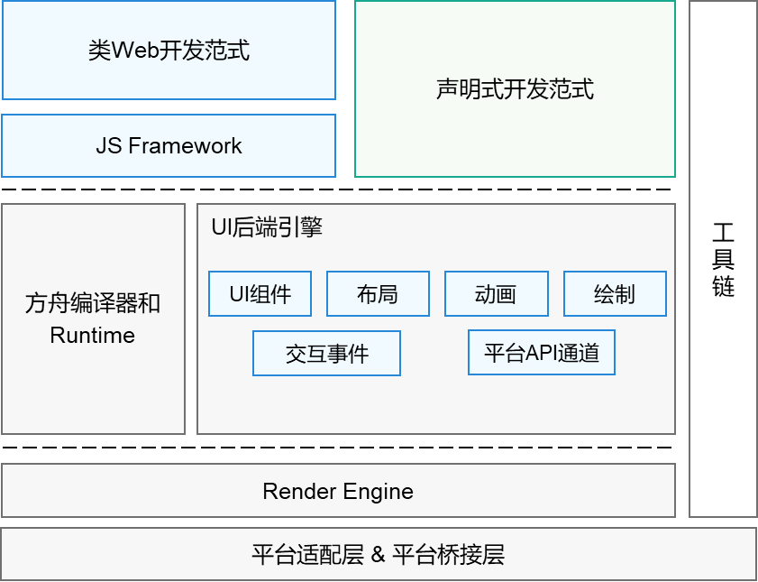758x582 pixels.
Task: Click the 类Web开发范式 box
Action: tap(169, 50)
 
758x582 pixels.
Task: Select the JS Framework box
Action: tap(169, 145)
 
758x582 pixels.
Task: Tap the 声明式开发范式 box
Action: tap(515, 88)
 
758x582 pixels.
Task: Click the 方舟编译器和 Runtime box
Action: tap(93, 319)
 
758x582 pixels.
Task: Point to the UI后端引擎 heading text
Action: tap(267, 227)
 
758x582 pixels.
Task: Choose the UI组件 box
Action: tap(260, 294)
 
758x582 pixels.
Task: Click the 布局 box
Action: tap(378, 294)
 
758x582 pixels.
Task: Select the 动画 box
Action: tap(496, 294)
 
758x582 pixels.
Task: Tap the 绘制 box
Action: tap(615, 294)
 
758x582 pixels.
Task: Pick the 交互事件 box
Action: tap(326, 353)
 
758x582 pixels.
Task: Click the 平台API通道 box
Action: tap(542, 352)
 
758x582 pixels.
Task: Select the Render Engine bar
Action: tap(338, 491)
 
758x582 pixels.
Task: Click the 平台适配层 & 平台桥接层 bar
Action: tap(378, 554)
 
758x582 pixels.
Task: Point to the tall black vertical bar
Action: tap(723, 259)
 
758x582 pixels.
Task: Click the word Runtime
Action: tap(93, 336)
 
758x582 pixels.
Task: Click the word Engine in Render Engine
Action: tap(378, 492)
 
